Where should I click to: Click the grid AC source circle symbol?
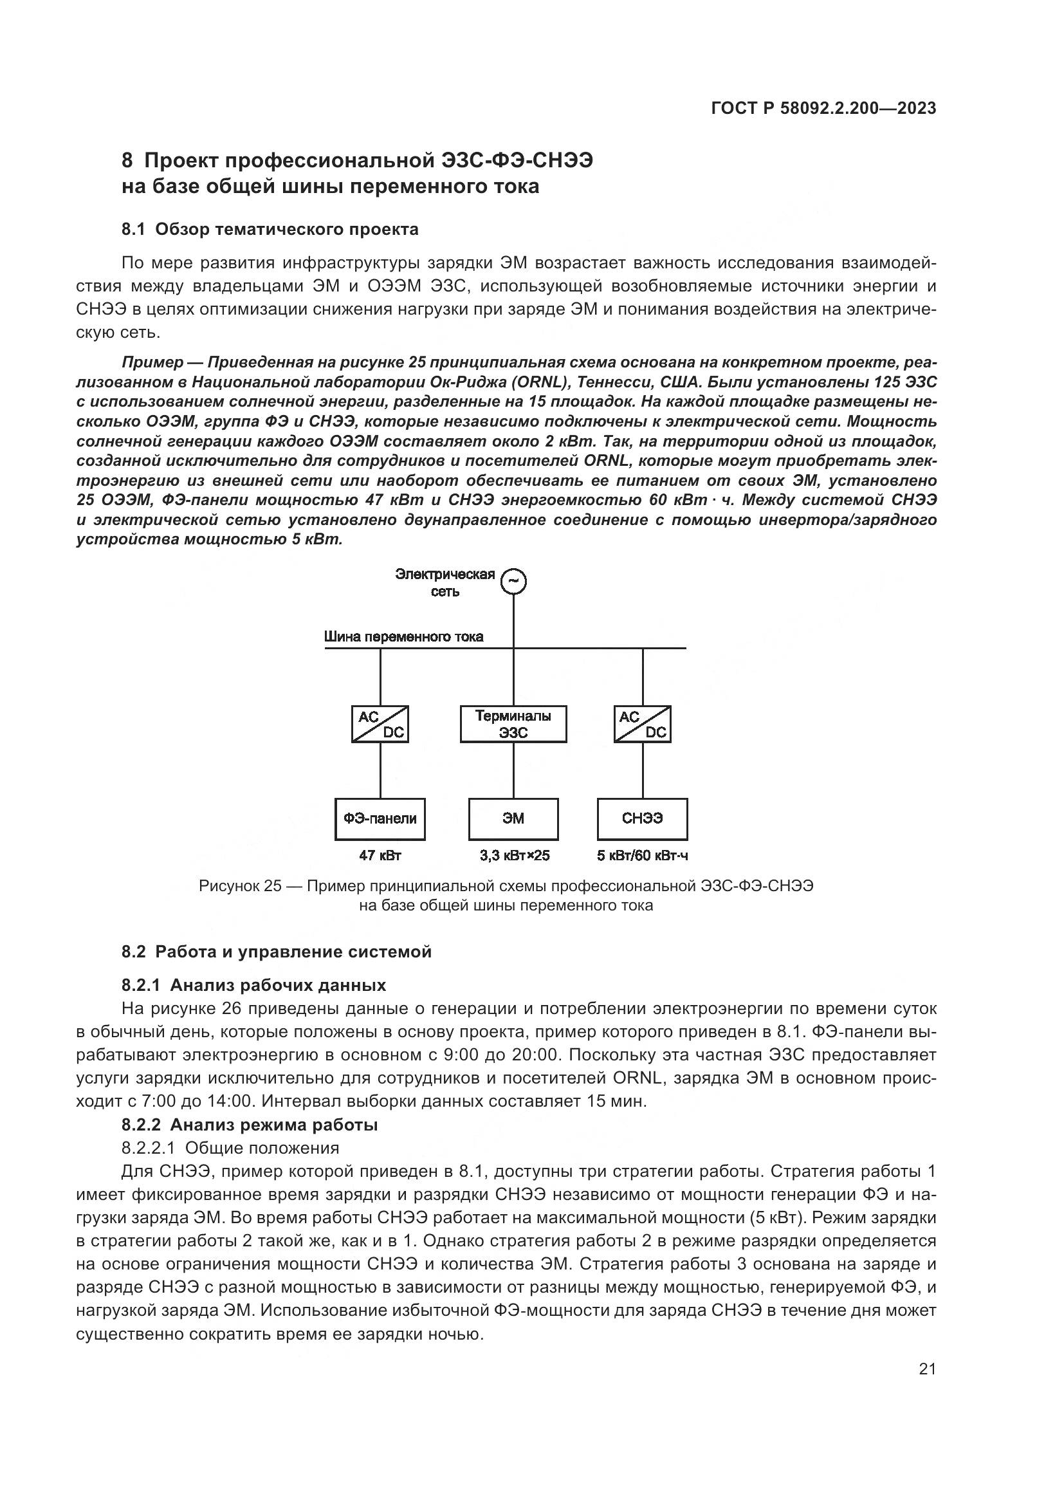coord(513,582)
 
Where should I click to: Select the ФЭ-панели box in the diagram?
coord(380,818)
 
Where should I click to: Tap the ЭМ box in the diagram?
coord(513,818)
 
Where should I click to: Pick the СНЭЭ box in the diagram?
coord(642,818)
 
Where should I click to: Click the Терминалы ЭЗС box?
coord(513,724)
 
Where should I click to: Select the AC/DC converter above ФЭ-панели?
coord(380,724)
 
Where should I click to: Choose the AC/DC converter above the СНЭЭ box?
coord(642,724)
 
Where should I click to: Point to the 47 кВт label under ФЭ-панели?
coord(380,855)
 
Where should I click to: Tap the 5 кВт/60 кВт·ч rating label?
coord(642,855)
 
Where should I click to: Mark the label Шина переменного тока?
coord(403,636)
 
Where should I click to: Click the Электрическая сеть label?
coord(445,583)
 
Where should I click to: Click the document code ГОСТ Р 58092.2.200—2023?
coord(823,109)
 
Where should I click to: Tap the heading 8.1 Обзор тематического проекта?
coord(270,230)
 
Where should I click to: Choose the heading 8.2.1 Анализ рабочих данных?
coord(253,985)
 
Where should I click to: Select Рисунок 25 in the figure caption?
coord(240,886)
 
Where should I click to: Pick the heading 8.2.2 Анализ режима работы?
coord(250,1125)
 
